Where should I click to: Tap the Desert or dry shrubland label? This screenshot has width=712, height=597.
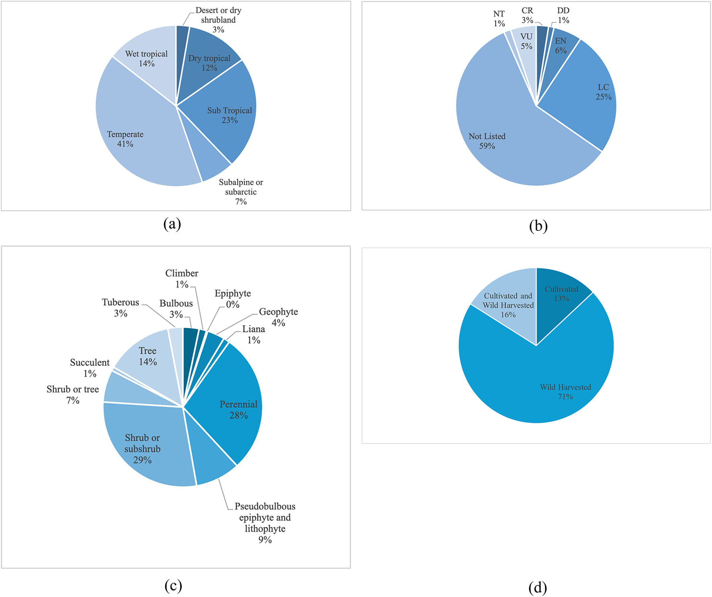(218, 20)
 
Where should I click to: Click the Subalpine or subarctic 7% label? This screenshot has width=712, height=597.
(241, 192)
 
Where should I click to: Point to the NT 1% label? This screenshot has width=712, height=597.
(499, 19)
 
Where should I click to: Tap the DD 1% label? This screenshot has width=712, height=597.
(563, 15)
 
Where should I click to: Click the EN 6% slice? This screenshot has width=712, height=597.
(561, 46)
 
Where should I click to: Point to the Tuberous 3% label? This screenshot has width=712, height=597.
(120, 308)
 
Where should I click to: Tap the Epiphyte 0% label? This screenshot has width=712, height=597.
(233, 299)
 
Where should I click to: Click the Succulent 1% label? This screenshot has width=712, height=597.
(90, 368)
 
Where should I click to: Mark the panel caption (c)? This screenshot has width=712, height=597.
(173, 586)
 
